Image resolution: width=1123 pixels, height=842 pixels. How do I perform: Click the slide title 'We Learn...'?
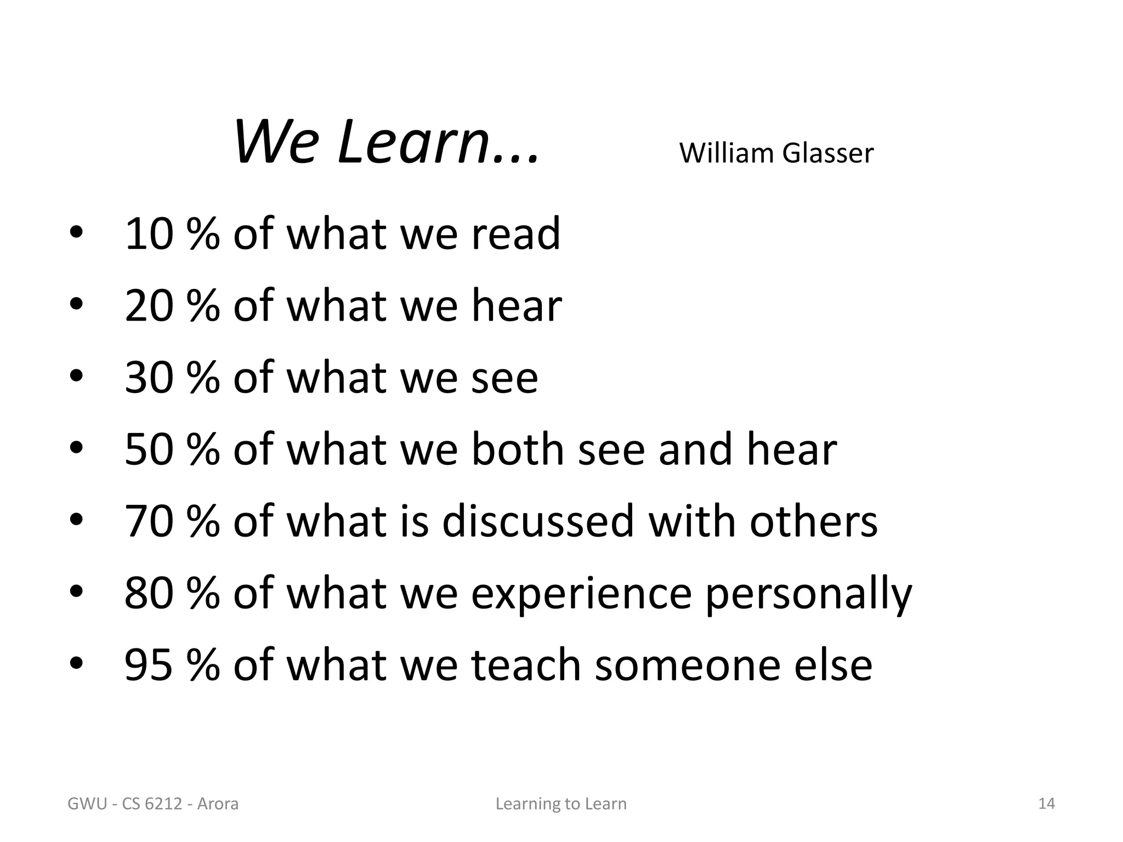(386, 143)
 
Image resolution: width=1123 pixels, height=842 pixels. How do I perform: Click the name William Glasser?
(776, 153)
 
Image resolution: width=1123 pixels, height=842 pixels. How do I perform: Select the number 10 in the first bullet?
(149, 234)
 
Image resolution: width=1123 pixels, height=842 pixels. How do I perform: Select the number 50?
(149, 450)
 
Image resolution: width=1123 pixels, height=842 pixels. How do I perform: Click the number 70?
(149, 521)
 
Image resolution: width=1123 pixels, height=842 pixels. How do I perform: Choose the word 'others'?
(814, 521)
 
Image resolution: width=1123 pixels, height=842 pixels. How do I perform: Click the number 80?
(149, 593)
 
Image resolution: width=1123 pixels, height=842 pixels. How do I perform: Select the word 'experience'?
(581, 593)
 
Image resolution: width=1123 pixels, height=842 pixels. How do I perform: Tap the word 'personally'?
(808, 593)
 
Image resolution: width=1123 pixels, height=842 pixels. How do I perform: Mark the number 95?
(149, 665)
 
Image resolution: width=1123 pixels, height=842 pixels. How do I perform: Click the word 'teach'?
(526, 665)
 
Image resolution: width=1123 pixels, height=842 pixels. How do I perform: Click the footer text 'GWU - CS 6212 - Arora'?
(153, 804)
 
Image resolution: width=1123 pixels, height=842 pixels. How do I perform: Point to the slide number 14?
(1047, 804)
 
